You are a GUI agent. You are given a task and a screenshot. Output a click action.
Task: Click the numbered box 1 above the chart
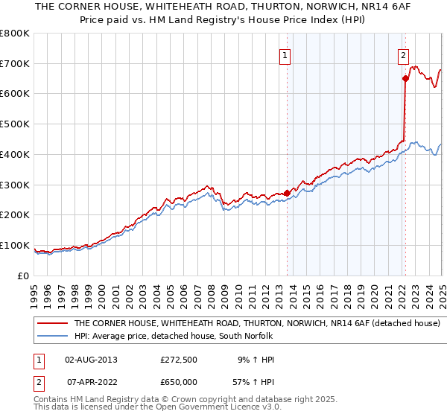(285, 54)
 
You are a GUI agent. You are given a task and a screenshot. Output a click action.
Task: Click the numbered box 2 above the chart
(403, 54)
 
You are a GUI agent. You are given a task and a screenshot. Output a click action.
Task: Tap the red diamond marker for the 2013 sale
(288, 193)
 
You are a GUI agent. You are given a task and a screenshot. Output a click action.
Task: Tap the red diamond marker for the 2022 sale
(405, 78)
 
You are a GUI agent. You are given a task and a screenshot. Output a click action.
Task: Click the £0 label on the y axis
(22, 276)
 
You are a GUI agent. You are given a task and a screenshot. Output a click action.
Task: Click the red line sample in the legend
(52, 324)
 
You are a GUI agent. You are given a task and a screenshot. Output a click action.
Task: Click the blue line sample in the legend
(52, 336)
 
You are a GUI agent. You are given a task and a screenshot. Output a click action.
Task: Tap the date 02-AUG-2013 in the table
(91, 360)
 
